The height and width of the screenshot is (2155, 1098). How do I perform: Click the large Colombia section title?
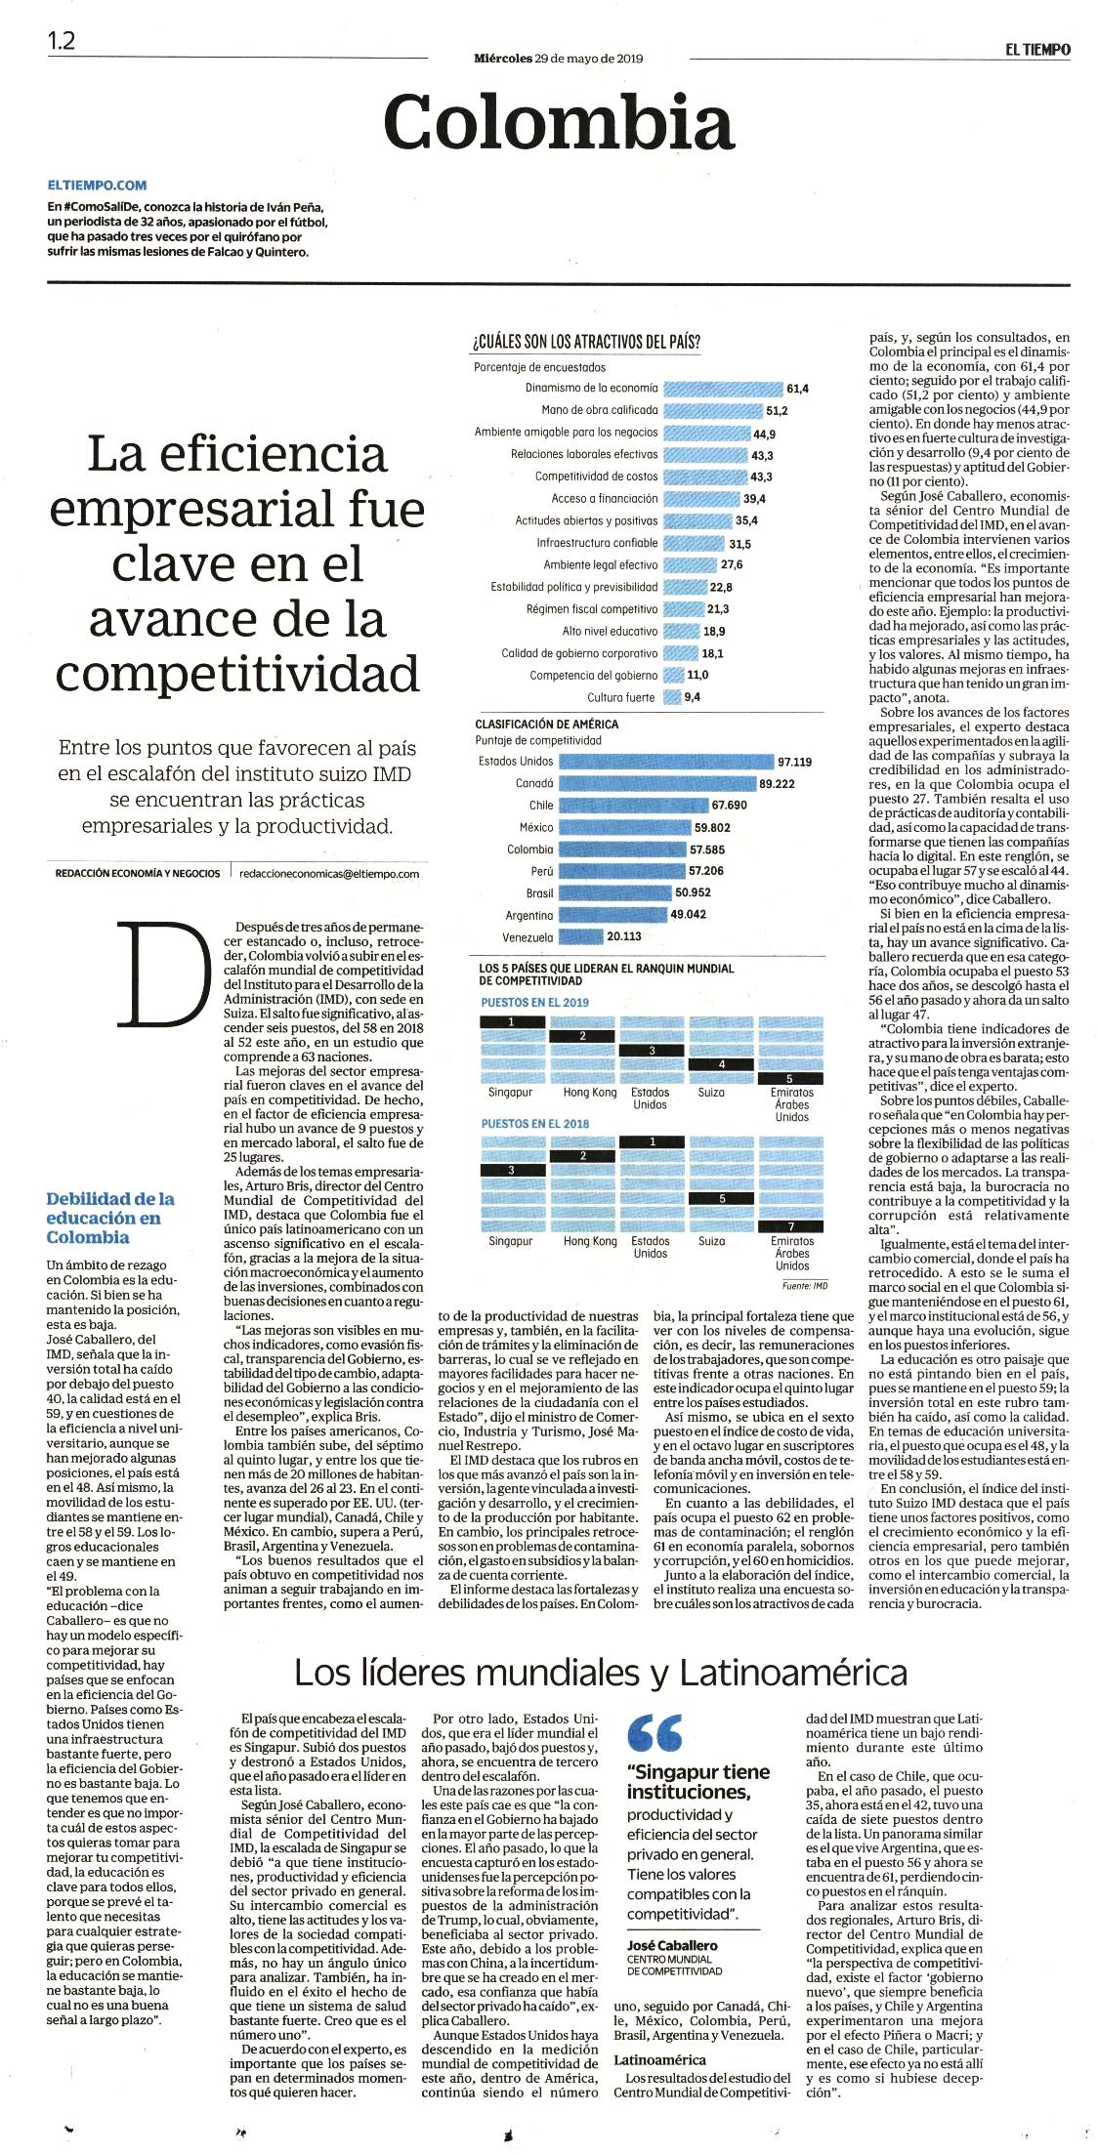(558, 121)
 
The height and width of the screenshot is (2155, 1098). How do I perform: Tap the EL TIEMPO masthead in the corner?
(1035, 48)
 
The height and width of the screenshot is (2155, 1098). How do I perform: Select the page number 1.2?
(61, 41)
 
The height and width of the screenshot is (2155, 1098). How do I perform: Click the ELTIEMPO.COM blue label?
(97, 185)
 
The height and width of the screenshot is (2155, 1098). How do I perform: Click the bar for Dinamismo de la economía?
(723, 388)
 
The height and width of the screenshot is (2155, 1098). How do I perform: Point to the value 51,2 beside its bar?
(777, 410)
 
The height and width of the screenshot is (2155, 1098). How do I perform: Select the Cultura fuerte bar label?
(621, 697)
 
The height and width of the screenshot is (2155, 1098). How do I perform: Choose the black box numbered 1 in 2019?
(513, 1021)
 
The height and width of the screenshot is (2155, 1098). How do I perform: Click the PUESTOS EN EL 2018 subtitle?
(535, 1124)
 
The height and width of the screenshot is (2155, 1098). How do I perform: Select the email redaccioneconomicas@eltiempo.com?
(328, 874)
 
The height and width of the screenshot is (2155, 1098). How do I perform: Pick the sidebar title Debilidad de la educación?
(110, 1217)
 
